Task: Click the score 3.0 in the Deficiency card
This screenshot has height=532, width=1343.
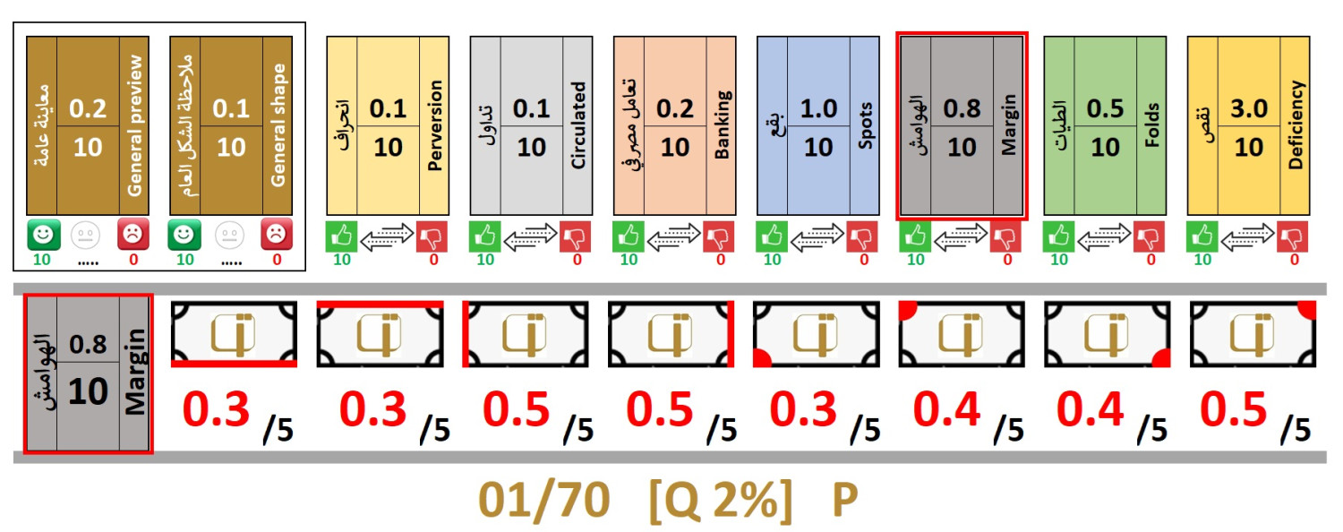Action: pyautogui.click(x=1249, y=108)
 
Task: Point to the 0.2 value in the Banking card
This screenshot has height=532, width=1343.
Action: pyautogui.click(x=675, y=108)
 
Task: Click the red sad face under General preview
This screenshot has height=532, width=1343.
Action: pyautogui.click(x=133, y=236)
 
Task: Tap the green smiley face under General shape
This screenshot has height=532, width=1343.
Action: pyautogui.click(x=184, y=236)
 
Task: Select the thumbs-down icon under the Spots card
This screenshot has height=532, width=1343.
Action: pyautogui.click(x=862, y=237)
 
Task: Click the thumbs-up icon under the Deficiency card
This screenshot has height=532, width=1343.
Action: pyautogui.click(x=1202, y=237)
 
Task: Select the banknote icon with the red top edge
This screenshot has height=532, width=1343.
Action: pyautogui.click(x=380, y=334)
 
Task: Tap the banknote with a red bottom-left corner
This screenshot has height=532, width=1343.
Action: pyautogui.click(x=816, y=334)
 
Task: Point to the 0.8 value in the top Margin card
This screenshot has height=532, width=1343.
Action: pyautogui.click(x=962, y=108)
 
